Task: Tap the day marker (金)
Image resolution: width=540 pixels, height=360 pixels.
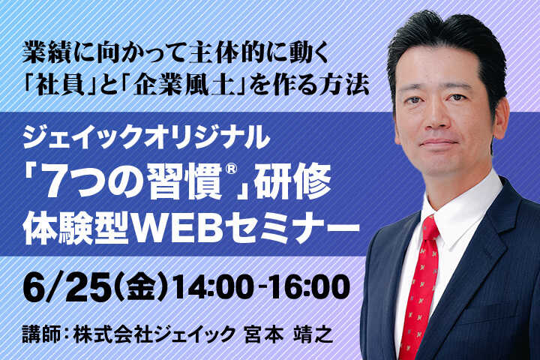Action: (x=143, y=289)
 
